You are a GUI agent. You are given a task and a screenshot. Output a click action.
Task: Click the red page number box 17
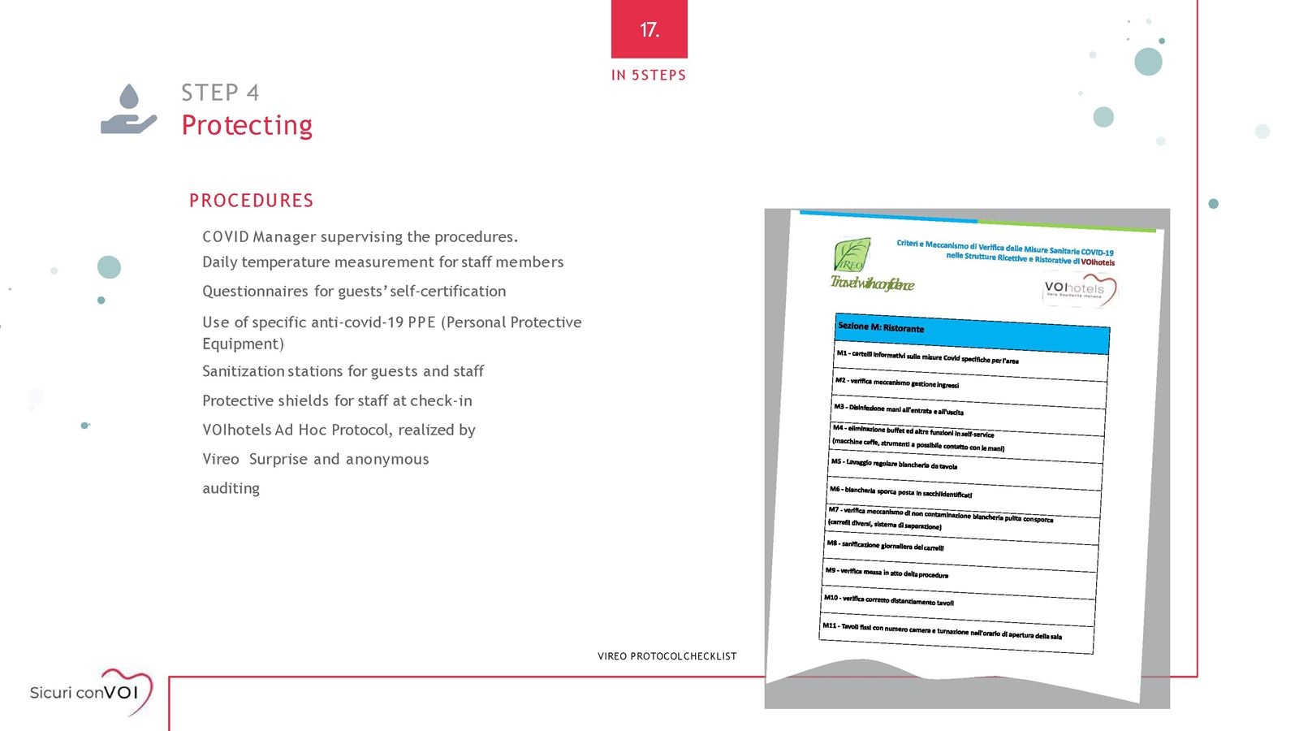click(x=649, y=29)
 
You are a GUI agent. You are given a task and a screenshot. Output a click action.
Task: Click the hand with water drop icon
click(x=128, y=110)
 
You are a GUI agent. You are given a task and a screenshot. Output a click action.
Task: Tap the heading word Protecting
click(x=247, y=125)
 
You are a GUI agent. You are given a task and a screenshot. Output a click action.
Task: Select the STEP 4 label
click(x=220, y=93)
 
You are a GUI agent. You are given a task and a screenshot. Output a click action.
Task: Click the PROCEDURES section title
click(x=251, y=201)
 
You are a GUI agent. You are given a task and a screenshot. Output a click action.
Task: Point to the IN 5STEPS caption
click(x=648, y=76)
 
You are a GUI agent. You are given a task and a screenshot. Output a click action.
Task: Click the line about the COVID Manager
click(x=360, y=237)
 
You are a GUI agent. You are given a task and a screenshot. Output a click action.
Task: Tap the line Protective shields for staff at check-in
click(x=337, y=400)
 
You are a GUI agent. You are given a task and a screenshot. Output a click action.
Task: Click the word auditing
click(x=231, y=488)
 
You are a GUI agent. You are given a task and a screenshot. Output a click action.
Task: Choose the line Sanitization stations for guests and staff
click(x=343, y=371)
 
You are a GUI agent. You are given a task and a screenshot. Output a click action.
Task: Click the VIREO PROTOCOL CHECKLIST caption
click(x=667, y=656)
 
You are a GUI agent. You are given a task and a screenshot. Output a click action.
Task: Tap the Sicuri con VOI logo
click(x=91, y=692)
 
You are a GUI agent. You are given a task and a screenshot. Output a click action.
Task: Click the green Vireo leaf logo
click(x=852, y=255)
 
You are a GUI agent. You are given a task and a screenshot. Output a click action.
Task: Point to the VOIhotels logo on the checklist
click(x=1078, y=290)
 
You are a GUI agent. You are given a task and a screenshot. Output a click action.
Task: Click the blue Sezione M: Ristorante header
click(x=972, y=333)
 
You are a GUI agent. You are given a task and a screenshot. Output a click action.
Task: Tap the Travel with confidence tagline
click(x=872, y=283)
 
